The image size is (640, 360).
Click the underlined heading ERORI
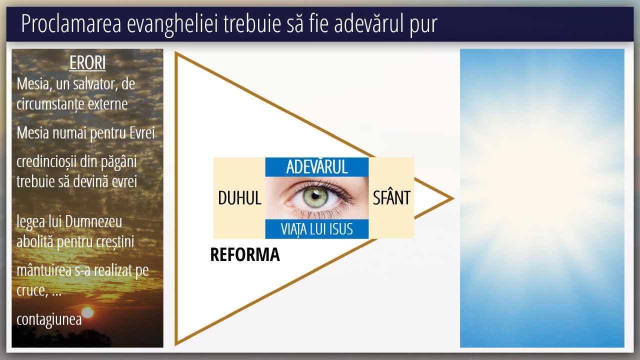click(87, 63)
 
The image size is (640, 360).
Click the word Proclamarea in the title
click(71, 24)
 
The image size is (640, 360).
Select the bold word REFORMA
click(245, 254)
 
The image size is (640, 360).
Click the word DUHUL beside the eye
click(239, 197)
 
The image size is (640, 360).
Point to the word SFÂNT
click(391, 197)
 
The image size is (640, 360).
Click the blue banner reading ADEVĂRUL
click(317, 167)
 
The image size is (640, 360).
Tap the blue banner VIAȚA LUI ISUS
click(317, 229)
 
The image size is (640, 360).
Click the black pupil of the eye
click(315, 196)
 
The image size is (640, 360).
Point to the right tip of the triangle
click(453, 198)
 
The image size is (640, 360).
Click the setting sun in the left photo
click(87, 312)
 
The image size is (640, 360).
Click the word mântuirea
click(44, 270)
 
